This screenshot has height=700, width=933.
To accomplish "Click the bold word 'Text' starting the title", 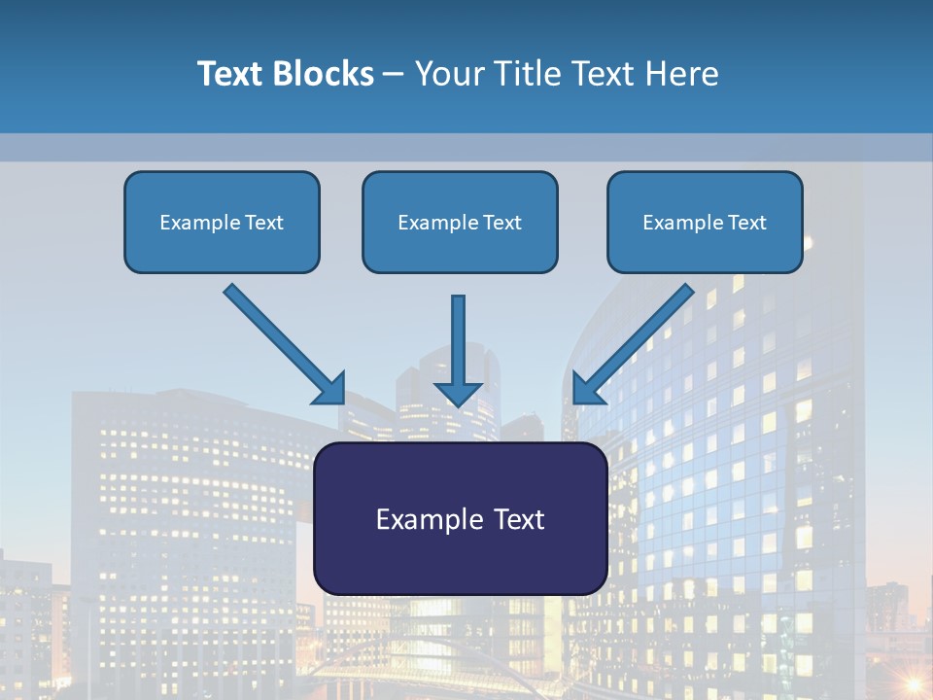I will coord(228,74).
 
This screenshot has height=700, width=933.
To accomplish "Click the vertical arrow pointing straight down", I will coord(459,350).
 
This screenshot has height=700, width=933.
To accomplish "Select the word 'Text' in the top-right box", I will coord(747,223).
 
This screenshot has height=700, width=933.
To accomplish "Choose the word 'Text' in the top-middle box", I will coord(502,223).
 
